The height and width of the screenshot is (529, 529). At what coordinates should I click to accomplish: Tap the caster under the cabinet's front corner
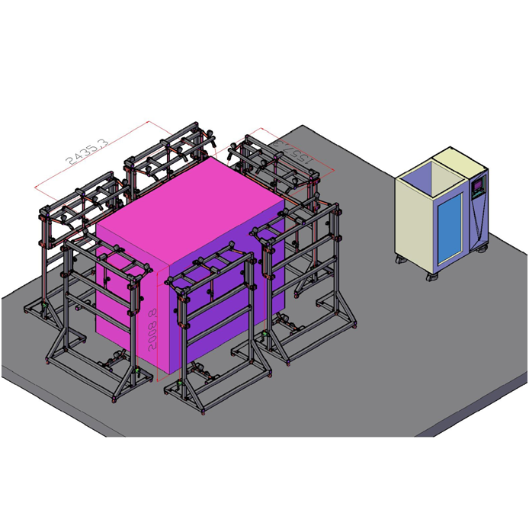(433, 278)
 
